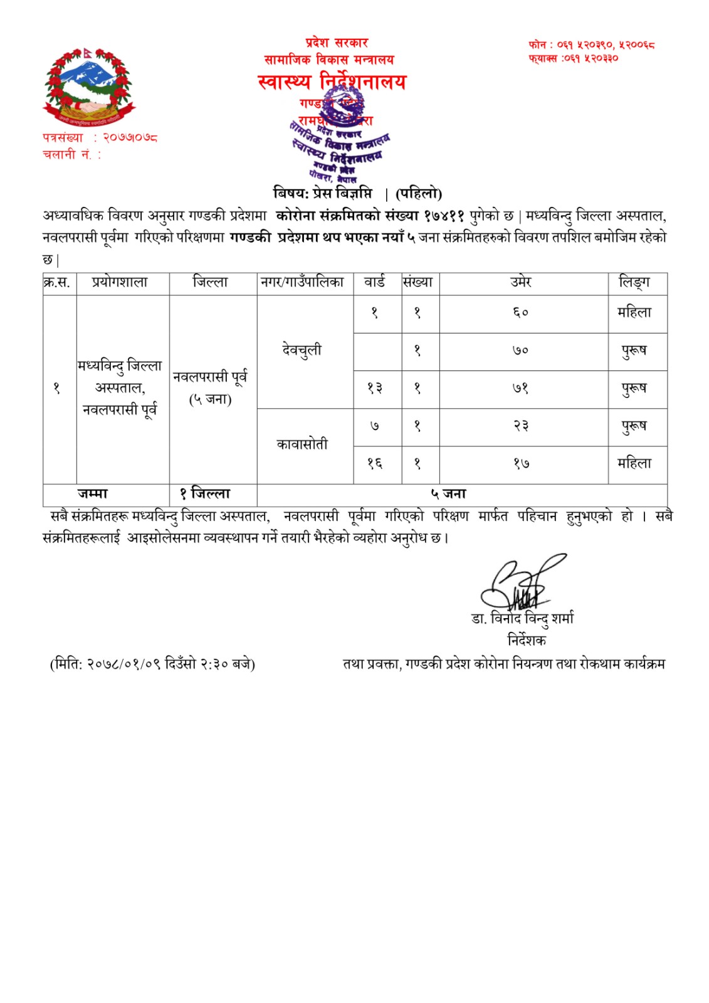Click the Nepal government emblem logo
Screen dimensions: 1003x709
[x=89, y=85]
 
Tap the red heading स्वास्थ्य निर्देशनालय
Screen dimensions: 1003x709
[x=332, y=81]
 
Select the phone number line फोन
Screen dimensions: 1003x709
[x=591, y=45]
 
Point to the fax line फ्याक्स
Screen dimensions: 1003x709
[x=573, y=58]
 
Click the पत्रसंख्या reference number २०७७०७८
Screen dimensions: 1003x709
[x=130, y=137]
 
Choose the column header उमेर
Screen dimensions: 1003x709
[x=521, y=283]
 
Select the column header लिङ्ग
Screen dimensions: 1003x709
[x=634, y=283]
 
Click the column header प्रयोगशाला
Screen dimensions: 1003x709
[x=120, y=283]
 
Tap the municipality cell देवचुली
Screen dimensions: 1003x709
[x=302, y=350]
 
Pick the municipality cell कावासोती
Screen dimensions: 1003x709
[x=302, y=444]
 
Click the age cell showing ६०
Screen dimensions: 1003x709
[x=521, y=312]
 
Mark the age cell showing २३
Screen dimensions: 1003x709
[x=521, y=426]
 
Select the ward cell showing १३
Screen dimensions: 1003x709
[x=375, y=388]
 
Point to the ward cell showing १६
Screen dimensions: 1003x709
[x=375, y=463]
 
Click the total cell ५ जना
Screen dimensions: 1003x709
[x=448, y=494]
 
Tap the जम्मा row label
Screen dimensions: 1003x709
[x=92, y=494]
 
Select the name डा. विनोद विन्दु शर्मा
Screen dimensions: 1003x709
[x=522, y=619]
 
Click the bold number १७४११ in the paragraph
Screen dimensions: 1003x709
[x=444, y=216]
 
